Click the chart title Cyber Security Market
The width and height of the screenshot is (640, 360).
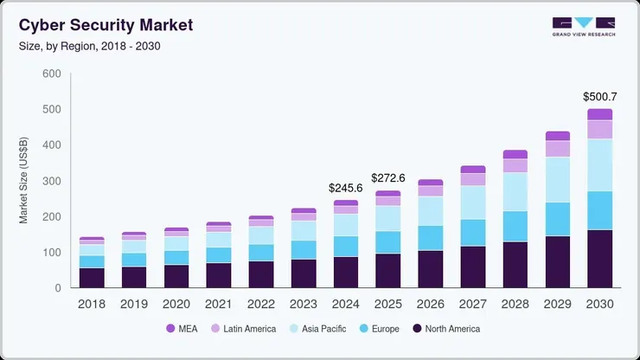click(x=106, y=26)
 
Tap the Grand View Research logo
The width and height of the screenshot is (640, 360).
click(x=583, y=27)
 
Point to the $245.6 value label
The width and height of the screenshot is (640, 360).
click(x=345, y=187)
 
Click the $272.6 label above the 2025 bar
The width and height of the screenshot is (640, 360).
click(x=387, y=177)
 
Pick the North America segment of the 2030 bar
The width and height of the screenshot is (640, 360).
click(x=599, y=258)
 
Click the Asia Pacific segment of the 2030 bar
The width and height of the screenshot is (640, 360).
click(x=599, y=164)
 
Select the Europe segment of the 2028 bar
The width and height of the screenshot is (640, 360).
click(x=515, y=226)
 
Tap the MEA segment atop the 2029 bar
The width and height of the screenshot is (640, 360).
click(x=557, y=136)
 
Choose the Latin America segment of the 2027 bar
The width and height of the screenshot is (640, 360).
click(x=472, y=179)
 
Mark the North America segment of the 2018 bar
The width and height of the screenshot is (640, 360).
click(x=91, y=278)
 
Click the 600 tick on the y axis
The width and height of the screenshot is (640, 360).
click(x=51, y=74)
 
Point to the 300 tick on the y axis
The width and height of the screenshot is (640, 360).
click(x=51, y=181)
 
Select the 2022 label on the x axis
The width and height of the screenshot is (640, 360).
click(x=260, y=304)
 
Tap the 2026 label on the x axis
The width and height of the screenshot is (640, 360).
click(x=430, y=304)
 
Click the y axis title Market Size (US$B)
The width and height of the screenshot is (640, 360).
click(x=24, y=181)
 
